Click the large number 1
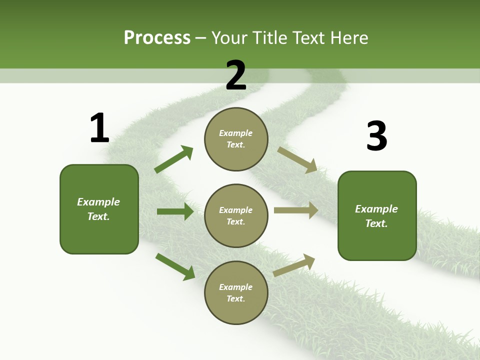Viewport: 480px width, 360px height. [x=99, y=128]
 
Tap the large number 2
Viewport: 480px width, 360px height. [x=236, y=76]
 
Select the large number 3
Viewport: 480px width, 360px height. [x=377, y=136]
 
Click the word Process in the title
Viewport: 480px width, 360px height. [x=157, y=37]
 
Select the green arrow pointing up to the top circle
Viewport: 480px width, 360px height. [x=174, y=159]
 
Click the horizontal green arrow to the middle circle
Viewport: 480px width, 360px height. [x=175, y=211]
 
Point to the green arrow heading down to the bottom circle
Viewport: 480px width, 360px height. [x=175, y=266]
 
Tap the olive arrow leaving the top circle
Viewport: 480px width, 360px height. [x=297, y=159]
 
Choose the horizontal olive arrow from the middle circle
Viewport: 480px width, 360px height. [x=295, y=210]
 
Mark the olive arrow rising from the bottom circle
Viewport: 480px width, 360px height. [x=294, y=265]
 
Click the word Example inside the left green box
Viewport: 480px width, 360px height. [x=98, y=202]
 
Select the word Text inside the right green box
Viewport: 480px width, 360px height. [x=375, y=223]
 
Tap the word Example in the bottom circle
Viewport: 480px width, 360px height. [x=235, y=287]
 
